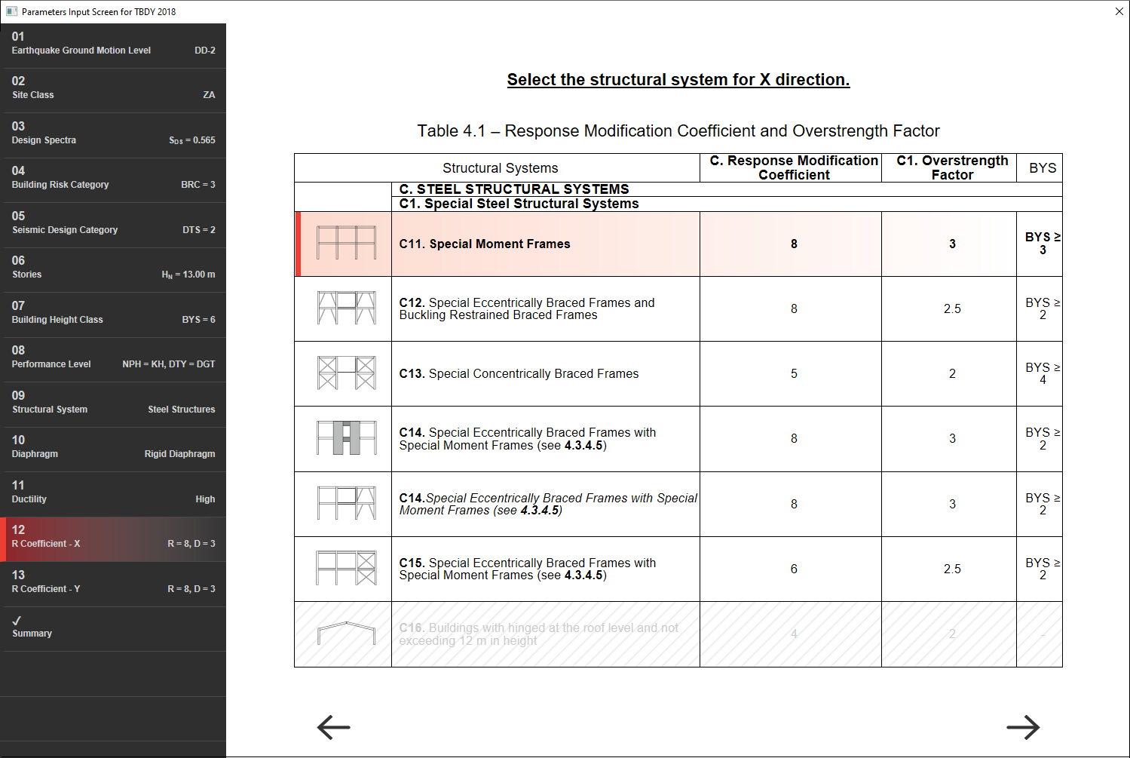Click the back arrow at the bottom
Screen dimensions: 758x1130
[334, 727]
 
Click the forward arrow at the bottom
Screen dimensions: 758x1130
[1023, 727]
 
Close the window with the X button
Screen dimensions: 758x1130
[1119, 11]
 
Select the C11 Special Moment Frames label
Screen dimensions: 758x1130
[485, 244]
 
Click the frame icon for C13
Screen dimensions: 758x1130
[346, 373]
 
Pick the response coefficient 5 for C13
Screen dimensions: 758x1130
[794, 373]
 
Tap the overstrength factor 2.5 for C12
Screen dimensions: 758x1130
[952, 308]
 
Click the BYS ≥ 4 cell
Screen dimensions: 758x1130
[1042, 373]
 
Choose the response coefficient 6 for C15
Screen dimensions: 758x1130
[794, 569]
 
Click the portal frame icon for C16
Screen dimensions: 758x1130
[346, 634]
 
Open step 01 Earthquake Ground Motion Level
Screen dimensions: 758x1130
[113, 44]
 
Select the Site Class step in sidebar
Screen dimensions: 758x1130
[113, 88]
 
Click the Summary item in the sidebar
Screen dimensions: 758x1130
[113, 628]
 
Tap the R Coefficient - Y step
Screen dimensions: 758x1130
[113, 582]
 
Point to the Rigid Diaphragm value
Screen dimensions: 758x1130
[179, 454]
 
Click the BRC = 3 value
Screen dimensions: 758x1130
[198, 185]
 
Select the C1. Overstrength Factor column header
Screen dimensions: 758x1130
[952, 167]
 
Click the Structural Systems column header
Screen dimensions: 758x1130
[500, 167]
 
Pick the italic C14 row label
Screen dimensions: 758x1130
[548, 504]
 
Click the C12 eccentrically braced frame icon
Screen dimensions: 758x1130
[346, 308]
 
